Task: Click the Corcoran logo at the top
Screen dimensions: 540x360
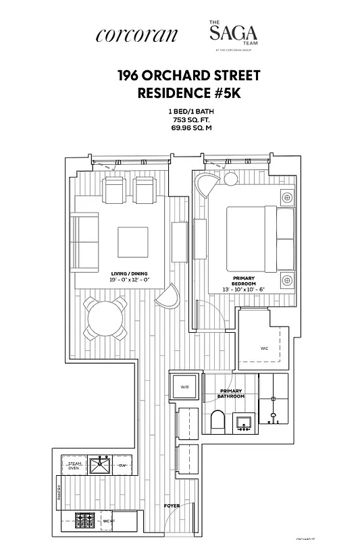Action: [137, 35]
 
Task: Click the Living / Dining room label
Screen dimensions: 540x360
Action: [130, 274]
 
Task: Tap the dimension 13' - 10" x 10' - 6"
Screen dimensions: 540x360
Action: [244, 289]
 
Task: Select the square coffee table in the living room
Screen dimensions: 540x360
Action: [133, 242]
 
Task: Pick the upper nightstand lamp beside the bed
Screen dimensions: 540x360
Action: [288, 198]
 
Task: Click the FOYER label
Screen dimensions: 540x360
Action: [172, 505]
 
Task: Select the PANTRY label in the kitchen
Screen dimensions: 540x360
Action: [59, 493]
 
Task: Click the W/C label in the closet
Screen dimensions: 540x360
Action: [263, 348]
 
